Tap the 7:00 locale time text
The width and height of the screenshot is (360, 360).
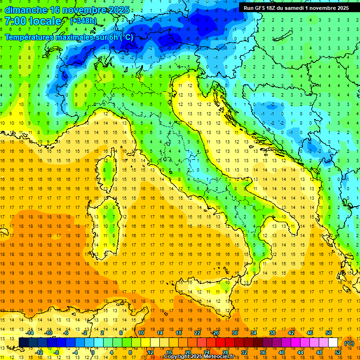pos(33,21)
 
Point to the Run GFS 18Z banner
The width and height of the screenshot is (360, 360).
pos(296,8)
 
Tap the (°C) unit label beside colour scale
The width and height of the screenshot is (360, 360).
pos(349,343)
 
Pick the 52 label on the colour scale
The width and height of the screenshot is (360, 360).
pos(338,352)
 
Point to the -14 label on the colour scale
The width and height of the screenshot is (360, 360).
pos(30,333)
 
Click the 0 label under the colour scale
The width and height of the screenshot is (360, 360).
pos(93,352)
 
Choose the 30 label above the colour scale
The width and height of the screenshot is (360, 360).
pos(235,333)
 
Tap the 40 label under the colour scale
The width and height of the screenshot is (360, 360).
pos(282,352)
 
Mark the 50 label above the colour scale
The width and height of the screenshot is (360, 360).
pos(328,333)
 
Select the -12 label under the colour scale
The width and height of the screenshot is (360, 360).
pos(39,352)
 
